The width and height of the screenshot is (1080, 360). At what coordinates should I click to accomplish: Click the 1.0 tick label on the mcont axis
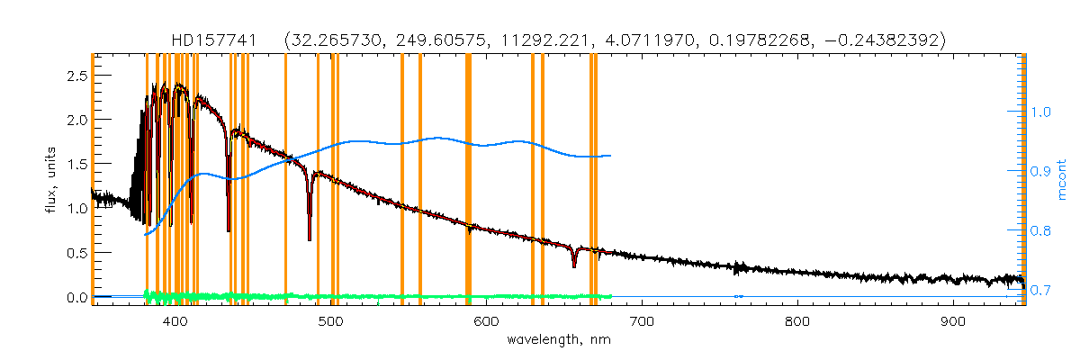point(1041,112)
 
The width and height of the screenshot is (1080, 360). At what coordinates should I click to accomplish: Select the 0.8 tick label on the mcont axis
point(1041,231)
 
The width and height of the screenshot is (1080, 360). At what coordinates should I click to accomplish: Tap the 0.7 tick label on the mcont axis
point(1041,291)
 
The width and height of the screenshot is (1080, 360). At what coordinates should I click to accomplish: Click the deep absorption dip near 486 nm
point(310,238)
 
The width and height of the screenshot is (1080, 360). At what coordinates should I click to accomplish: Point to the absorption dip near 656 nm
point(574,265)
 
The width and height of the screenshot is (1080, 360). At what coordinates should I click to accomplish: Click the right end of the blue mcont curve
point(611,156)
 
